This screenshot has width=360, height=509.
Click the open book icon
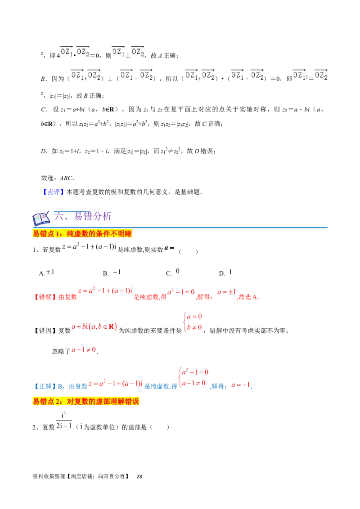click(40, 219)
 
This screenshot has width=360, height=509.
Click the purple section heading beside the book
click(83, 218)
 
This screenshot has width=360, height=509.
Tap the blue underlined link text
click(54, 192)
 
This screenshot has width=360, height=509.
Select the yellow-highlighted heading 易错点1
click(82, 234)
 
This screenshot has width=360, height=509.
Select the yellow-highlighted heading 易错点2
click(86, 402)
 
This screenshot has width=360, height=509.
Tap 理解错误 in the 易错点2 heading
click(126, 402)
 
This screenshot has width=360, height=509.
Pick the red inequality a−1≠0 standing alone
click(84, 349)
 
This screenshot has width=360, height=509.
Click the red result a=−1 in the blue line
click(241, 385)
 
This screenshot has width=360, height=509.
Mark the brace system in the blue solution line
click(194, 377)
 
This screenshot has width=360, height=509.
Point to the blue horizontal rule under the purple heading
click(189, 228)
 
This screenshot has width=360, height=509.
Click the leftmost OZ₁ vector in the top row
click(66, 52)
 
